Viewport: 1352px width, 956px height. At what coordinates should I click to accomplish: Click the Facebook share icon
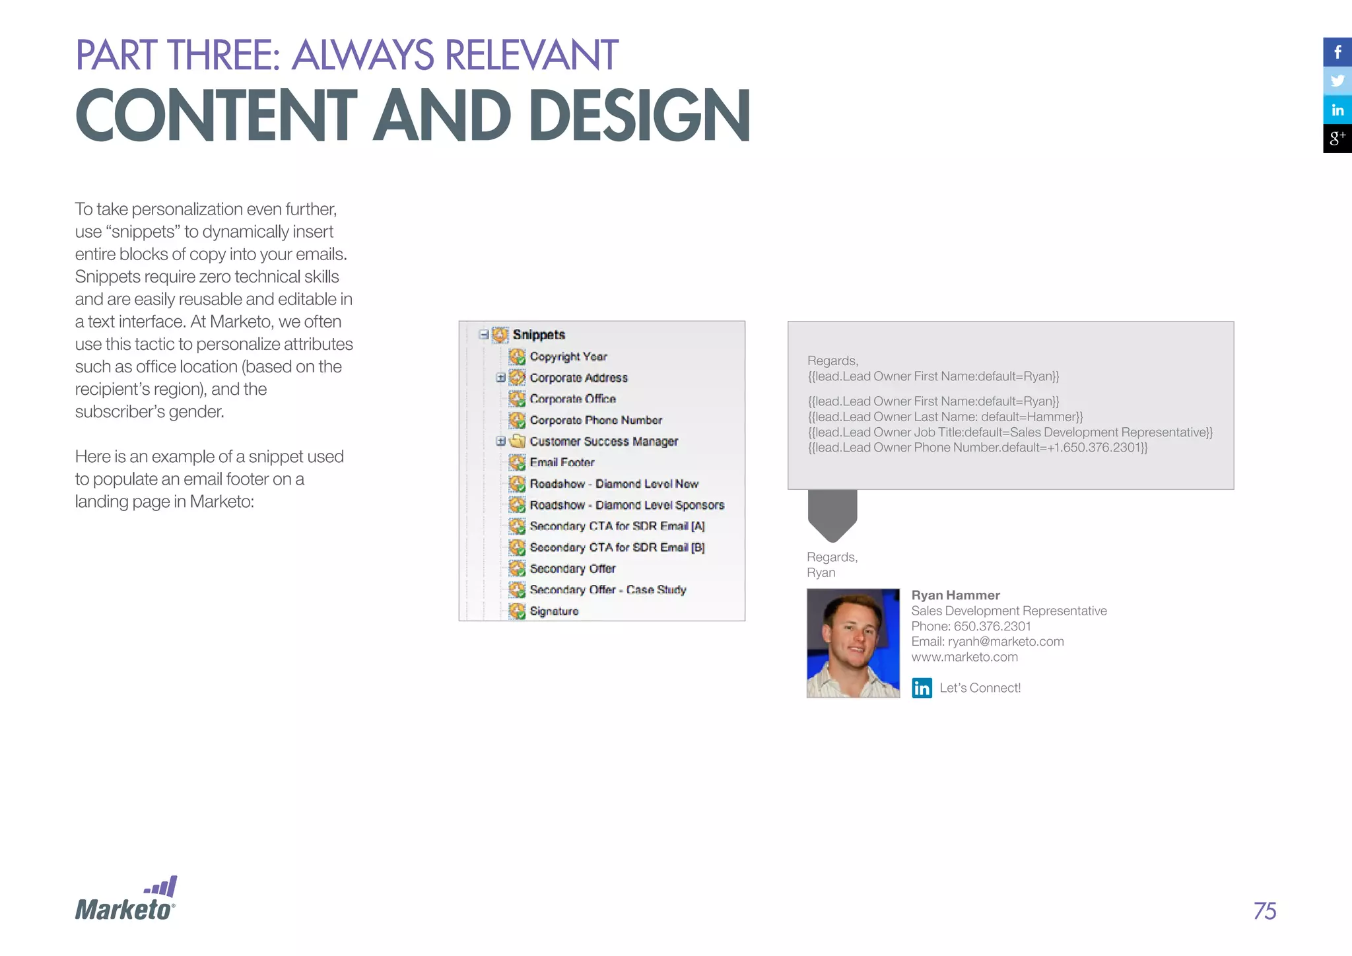click(x=1337, y=52)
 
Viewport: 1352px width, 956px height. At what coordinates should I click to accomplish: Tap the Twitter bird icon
click(x=1337, y=81)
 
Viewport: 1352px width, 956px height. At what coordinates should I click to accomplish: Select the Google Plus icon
click(x=1337, y=139)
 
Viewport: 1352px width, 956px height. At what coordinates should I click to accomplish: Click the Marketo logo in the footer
click(x=125, y=900)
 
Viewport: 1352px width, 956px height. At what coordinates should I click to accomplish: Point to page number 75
click(x=1264, y=911)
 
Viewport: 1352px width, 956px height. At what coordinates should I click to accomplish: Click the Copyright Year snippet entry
click(x=568, y=357)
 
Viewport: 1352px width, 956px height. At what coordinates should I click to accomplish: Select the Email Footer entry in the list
click(x=562, y=462)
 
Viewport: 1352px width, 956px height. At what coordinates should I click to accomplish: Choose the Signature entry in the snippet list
click(x=554, y=611)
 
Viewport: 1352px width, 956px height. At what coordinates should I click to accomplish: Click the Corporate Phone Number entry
click(x=595, y=420)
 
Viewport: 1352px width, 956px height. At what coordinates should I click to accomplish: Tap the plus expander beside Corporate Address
click(x=501, y=378)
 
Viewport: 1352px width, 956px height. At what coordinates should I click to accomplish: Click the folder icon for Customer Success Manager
click(x=518, y=441)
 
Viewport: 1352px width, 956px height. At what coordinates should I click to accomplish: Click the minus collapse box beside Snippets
click(x=484, y=334)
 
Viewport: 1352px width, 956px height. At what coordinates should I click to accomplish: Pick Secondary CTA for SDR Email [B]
click(x=617, y=547)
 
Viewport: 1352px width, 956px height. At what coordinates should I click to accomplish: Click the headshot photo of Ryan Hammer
click(x=853, y=643)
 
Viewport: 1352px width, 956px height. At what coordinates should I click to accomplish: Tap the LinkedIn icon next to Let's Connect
click(x=922, y=688)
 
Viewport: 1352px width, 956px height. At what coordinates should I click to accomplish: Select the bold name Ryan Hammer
click(x=955, y=595)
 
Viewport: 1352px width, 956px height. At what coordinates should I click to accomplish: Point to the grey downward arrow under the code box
click(x=832, y=516)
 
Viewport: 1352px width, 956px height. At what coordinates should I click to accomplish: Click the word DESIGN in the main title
click(x=639, y=115)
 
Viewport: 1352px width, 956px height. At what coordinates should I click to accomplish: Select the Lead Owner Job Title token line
click(x=1010, y=432)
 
